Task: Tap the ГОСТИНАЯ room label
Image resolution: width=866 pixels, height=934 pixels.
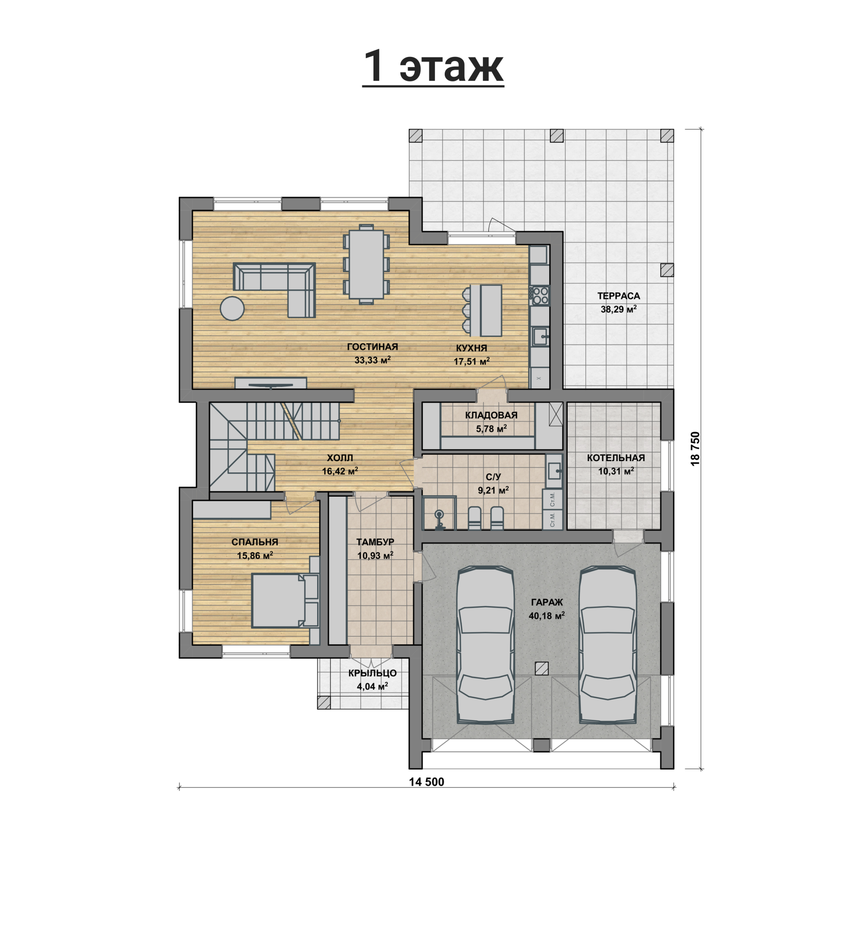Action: (373, 347)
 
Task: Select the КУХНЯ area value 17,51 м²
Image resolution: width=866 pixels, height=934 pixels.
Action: (472, 361)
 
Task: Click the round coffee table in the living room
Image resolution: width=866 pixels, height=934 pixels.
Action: (232, 308)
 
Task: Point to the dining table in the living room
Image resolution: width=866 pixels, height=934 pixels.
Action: (366, 264)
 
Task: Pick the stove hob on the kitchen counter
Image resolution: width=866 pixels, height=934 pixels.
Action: (540, 295)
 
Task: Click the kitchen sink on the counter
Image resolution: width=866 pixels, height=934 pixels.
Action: (540, 336)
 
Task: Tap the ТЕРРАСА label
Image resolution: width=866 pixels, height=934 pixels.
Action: (618, 296)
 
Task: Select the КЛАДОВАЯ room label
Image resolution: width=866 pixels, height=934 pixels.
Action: (491, 415)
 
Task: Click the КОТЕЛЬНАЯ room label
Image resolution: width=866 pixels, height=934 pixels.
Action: (616, 458)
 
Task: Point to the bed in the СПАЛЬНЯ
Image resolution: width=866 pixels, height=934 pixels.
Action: (285, 600)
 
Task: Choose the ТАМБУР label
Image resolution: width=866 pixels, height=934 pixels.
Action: (375, 542)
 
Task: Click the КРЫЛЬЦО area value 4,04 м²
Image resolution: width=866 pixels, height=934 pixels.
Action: (373, 686)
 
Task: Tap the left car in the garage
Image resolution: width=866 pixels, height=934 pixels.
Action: (485, 644)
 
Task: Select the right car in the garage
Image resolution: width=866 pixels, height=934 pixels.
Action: (608, 644)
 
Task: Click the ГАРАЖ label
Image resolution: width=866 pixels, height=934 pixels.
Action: (547, 602)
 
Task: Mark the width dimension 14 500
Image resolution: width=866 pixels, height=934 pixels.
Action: (426, 782)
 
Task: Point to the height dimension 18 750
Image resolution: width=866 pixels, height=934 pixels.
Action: (695, 448)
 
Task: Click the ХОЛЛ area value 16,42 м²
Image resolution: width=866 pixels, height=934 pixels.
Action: (340, 471)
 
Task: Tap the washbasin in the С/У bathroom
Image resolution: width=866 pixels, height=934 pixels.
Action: (554, 471)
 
